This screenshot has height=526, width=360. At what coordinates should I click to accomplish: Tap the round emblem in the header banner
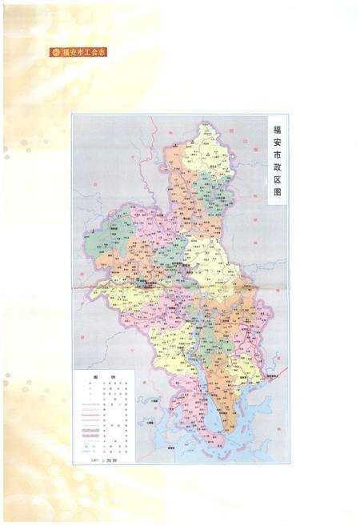(x=55, y=53)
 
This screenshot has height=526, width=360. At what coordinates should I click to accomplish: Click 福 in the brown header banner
(x=66, y=53)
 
